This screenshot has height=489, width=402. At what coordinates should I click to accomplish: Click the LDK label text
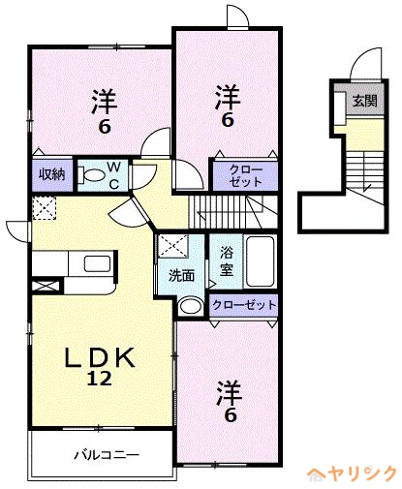click(x=100, y=358)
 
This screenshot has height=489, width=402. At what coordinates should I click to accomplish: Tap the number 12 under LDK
click(x=99, y=378)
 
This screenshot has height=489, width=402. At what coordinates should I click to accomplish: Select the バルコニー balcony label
click(x=107, y=455)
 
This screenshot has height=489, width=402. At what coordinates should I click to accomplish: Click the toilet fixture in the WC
click(x=91, y=175)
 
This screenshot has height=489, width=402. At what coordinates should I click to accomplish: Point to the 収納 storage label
click(x=52, y=174)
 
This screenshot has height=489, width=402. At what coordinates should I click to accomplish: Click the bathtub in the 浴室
click(x=260, y=261)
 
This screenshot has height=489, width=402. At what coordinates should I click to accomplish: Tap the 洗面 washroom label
click(x=182, y=276)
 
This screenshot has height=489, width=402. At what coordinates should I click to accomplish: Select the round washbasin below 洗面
click(x=191, y=306)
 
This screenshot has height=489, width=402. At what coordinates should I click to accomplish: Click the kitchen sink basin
click(x=97, y=263)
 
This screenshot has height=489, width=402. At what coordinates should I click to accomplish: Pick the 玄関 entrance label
click(x=365, y=101)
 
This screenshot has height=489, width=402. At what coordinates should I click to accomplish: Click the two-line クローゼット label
click(x=246, y=176)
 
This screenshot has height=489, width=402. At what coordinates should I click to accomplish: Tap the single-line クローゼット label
click(x=244, y=305)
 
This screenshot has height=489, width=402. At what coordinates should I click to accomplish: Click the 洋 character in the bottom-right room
click(x=230, y=393)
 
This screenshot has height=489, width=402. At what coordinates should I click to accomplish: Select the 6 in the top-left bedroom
click(x=105, y=127)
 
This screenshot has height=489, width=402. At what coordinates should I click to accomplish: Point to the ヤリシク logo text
click(x=361, y=474)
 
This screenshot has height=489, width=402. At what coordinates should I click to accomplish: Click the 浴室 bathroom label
click(x=227, y=261)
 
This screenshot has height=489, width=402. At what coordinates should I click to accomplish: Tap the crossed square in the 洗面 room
click(x=172, y=246)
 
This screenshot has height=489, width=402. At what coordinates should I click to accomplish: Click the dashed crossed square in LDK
click(x=45, y=208)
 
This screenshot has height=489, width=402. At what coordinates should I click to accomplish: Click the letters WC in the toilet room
click(x=114, y=176)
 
